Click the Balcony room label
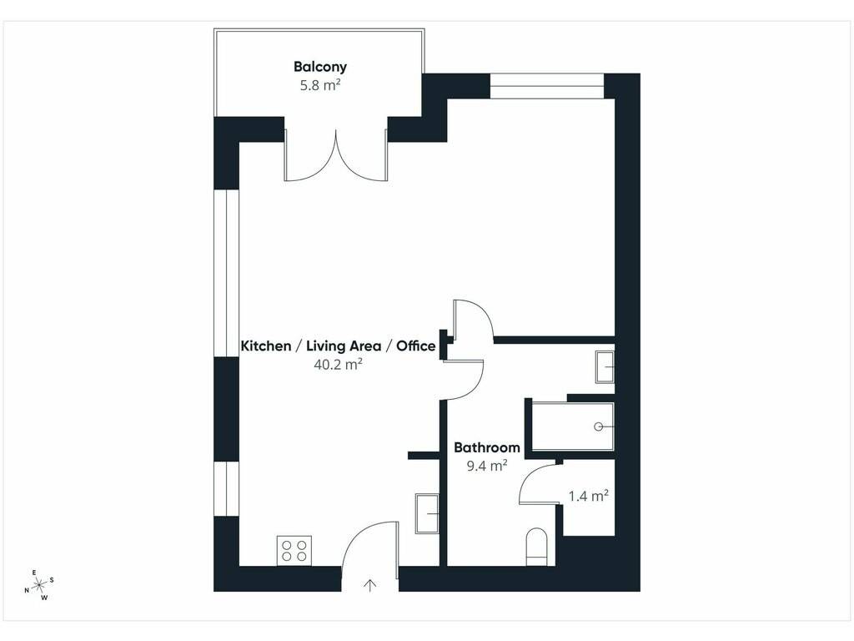(320, 67)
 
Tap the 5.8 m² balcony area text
(320, 85)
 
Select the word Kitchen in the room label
(266, 346)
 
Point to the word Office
(415, 346)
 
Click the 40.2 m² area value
(339, 364)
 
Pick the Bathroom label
(487, 447)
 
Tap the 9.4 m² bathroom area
(487, 466)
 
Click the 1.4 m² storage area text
(588, 496)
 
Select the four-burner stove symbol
(294, 551)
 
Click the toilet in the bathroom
(537, 547)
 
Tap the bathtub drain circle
(599, 426)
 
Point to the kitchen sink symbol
(427, 513)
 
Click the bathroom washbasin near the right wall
(605, 367)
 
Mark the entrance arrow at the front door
(370, 585)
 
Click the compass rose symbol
(39, 585)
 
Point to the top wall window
(547, 86)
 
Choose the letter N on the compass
(26, 590)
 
